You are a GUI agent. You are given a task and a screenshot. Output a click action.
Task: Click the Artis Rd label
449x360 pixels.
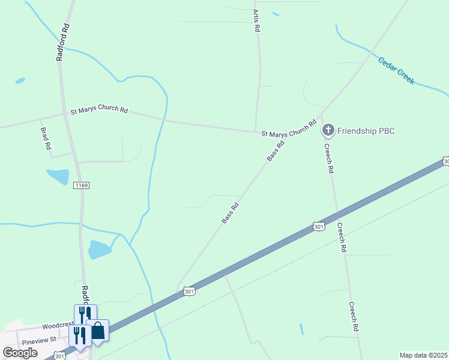(257, 20)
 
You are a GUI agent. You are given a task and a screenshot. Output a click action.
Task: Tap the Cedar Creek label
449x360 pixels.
(396, 70)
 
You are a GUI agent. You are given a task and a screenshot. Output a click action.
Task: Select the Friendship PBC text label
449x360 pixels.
(366, 130)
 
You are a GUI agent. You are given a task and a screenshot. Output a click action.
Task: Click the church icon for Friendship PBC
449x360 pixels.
(328, 130)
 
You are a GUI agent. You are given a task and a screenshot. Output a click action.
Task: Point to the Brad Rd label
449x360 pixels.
(46, 138)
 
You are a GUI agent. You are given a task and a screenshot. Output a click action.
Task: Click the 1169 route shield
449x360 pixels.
(82, 186)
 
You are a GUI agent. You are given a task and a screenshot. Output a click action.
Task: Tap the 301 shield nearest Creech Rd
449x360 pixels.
(319, 226)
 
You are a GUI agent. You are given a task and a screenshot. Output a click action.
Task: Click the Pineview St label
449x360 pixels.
(38, 341)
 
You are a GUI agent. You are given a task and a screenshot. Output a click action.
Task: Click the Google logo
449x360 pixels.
(20, 353)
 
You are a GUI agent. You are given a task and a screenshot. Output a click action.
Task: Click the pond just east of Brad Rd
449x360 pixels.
(58, 177)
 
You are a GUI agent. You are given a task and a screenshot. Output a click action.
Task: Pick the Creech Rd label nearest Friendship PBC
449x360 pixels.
(328, 158)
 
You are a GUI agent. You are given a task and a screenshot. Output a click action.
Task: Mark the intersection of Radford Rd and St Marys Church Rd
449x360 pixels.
(64, 112)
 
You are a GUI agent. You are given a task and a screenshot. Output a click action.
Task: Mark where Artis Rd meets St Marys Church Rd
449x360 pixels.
(256, 131)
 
